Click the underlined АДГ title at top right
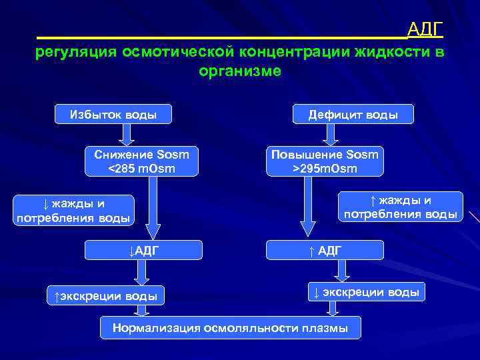[425, 29]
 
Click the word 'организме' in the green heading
[240, 71]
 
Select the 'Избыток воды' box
[113, 114]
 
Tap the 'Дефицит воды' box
[353, 114]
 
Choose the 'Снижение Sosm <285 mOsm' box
[141, 161]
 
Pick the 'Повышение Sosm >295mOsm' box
[325, 161]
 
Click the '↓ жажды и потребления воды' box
[74, 210]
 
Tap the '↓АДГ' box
[144, 250]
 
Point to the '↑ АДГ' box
[325, 250]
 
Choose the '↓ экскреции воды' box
[366, 291]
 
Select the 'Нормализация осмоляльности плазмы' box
[230, 327]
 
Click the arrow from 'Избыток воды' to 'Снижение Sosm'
[128, 135]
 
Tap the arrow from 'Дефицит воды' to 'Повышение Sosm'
[331, 135]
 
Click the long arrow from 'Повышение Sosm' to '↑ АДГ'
[307, 207]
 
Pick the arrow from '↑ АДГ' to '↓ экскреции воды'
[342, 270]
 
